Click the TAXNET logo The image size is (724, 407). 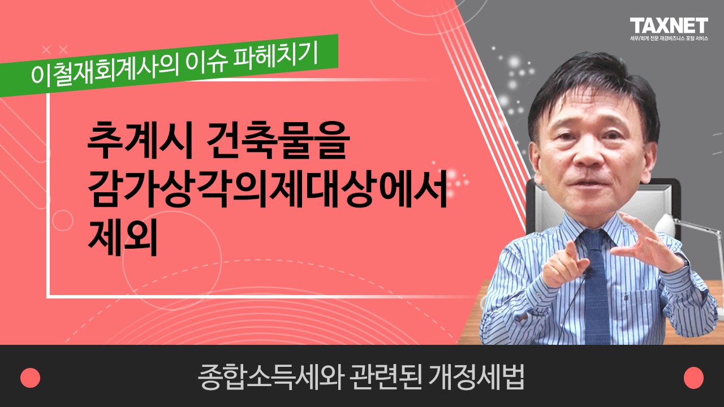(x=669, y=25)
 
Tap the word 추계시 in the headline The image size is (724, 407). (x=140, y=141)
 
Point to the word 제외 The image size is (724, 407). (x=123, y=237)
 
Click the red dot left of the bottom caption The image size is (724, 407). (x=30, y=378)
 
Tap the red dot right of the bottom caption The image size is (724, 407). (x=693, y=378)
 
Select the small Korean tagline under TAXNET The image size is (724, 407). (x=669, y=38)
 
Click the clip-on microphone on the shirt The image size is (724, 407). (x=589, y=271)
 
